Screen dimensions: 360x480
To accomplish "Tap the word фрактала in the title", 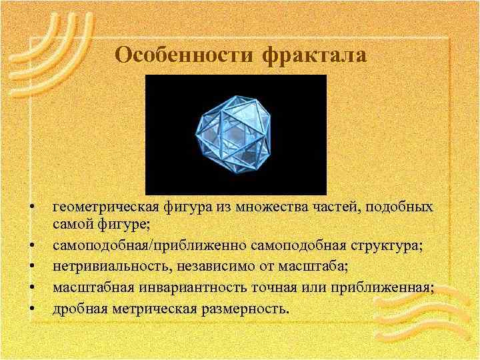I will (315, 55).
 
